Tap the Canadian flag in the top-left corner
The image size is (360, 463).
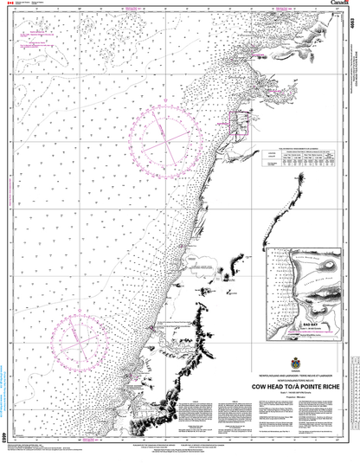tap(10, 6)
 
